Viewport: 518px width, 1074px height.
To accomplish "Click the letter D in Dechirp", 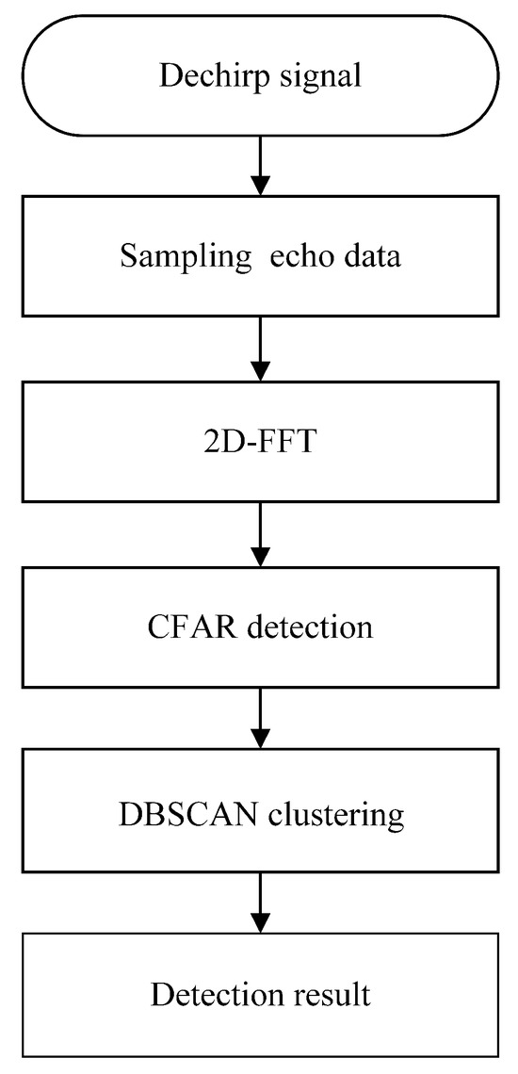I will click(x=169, y=74).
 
